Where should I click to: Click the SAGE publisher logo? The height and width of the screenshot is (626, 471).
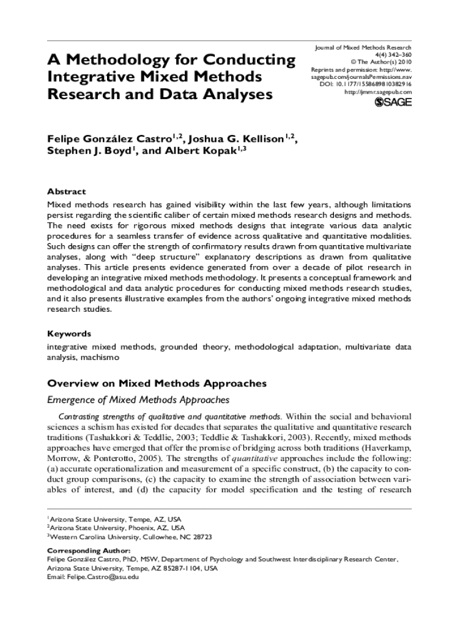(392, 103)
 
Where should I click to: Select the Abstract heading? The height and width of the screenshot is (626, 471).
(67, 191)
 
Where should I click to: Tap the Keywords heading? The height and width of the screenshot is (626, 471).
(69, 334)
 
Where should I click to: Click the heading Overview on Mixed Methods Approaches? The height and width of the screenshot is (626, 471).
(157, 383)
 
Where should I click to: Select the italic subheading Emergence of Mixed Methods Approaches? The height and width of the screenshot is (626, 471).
(138, 400)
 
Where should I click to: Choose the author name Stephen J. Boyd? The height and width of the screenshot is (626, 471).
(88, 151)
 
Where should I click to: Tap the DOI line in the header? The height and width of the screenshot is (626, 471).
(366, 84)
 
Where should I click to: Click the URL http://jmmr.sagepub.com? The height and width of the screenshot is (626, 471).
(378, 92)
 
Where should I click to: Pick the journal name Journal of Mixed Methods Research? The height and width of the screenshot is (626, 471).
(363, 47)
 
